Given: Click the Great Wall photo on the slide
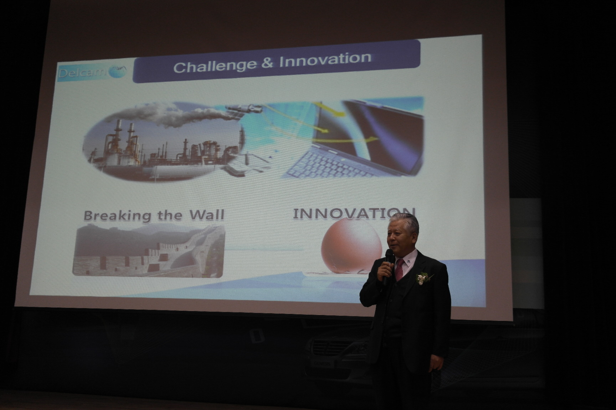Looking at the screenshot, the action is [x=149, y=249].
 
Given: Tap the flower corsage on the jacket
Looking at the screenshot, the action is [x=423, y=277].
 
